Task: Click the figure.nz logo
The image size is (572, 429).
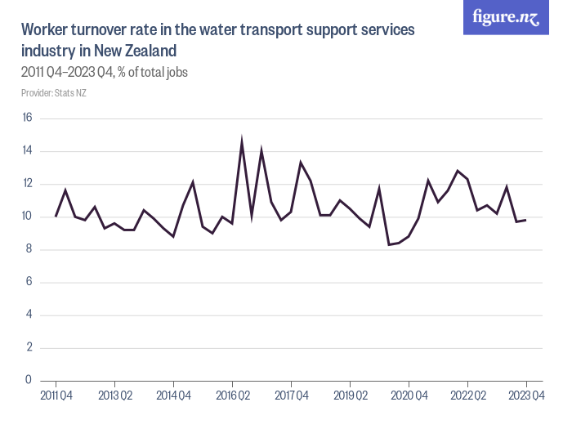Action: pyautogui.click(x=506, y=17)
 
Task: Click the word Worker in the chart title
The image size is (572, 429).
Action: pyautogui.click(x=47, y=30)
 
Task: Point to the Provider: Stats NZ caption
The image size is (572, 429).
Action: pyautogui.click(x=53, y=92)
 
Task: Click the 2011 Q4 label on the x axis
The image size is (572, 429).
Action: pyautogui.click(x=56, y=396)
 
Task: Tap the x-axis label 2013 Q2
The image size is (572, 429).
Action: pyautogui.click(x=114, y=396)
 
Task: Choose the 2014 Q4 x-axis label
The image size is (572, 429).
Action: pyautogui.click(x=173, y=396)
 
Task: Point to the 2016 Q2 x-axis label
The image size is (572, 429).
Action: pyautogui.click(x=232, y=396)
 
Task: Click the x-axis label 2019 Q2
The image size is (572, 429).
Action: pyautogui.click(x=350, y=396)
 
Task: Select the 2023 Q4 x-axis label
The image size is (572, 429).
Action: pyautogui.click(x=526, y=396)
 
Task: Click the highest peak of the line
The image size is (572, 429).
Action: pyautogui.click(x=242, y=141)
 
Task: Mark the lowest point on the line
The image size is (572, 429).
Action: pyautogui.click(x=389, y=244)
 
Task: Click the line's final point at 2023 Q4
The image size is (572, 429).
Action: pyautogui.click(x=526, y=220)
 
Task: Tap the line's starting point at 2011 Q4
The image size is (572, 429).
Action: pyautogui.click(x=56, y=217)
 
